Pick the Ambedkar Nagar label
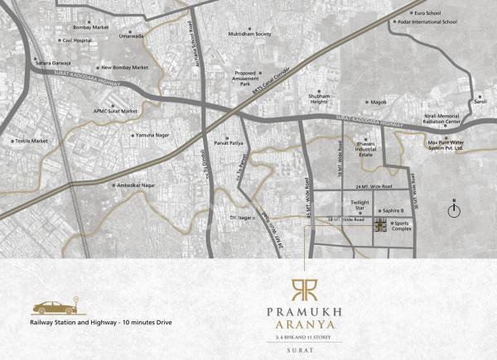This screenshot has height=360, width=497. click(138, 185)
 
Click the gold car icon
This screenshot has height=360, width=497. click(51, 305)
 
